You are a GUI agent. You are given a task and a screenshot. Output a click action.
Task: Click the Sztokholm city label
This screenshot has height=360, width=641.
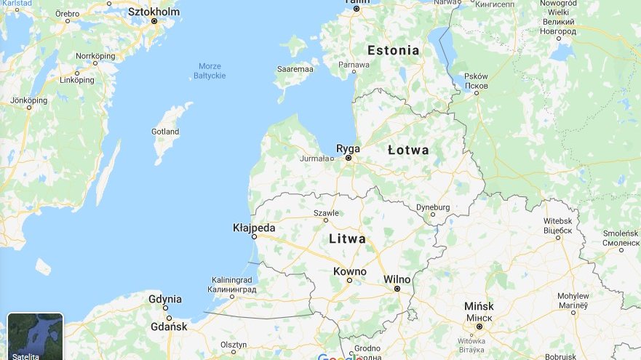(154, 12)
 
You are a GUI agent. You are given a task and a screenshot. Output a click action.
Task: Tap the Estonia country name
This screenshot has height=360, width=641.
(393, 50)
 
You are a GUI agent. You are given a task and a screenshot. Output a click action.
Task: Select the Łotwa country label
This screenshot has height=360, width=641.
(408, 150)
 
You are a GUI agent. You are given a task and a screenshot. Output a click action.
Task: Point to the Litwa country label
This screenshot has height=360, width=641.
(347, 239)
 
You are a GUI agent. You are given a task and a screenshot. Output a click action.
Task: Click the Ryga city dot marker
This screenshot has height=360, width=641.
(349, 158)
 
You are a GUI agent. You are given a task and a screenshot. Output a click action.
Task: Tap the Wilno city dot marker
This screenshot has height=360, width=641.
(397, 289)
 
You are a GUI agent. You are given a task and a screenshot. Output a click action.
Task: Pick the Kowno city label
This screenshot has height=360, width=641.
(349, 271)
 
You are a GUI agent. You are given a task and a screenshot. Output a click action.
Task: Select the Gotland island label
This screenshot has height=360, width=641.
(165, 132)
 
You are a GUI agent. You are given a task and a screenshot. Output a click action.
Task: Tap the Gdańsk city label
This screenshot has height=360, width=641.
(169, 327)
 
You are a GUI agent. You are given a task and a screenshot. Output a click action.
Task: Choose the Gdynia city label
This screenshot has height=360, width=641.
(165, 299)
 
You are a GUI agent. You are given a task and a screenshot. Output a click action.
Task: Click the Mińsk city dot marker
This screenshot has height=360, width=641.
(479, 327)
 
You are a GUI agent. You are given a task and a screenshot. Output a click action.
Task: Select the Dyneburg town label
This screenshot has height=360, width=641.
(433, 207)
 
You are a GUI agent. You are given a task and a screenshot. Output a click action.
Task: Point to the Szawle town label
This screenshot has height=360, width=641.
(326, 212)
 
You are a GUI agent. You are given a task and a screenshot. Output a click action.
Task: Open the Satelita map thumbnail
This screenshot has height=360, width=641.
(35, 336)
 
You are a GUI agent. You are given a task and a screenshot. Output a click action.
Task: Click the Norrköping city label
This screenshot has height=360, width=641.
(96, 56)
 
